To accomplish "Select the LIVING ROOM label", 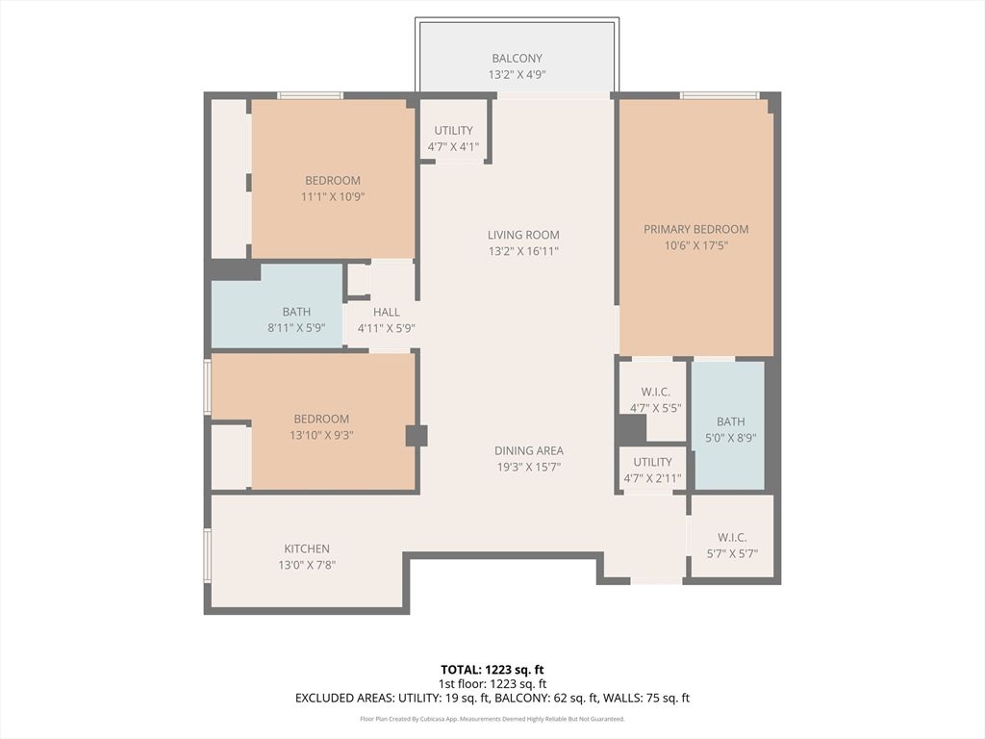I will (x=522, y=235).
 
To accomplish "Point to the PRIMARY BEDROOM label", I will (x=695, y=229).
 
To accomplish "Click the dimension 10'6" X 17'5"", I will (x=695, y=245).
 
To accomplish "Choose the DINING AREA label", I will (x=528, y=450).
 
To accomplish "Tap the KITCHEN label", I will (x=306, y=548).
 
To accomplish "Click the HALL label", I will (x=386, y=312).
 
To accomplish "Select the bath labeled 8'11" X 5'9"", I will (x=296, y=319).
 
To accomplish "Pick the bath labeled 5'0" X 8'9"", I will (x=730, y=429).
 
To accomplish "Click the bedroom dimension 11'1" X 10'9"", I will (x=332, y=196).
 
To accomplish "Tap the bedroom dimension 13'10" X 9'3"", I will (x=321, y=435).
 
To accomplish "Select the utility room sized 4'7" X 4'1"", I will (x=453, y=139).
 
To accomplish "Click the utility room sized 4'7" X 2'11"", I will (x=652, y=470).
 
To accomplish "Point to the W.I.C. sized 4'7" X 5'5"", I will (x=653, y=399).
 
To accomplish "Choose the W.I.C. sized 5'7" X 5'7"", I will (x=731, y=546).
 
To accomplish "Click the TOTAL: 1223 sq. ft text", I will (x=492, y=669).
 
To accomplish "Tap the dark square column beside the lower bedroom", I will (x=416, y=435).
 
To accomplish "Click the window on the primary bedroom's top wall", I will (x=719, y=95).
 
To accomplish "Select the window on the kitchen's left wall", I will (x=207, y=557).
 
